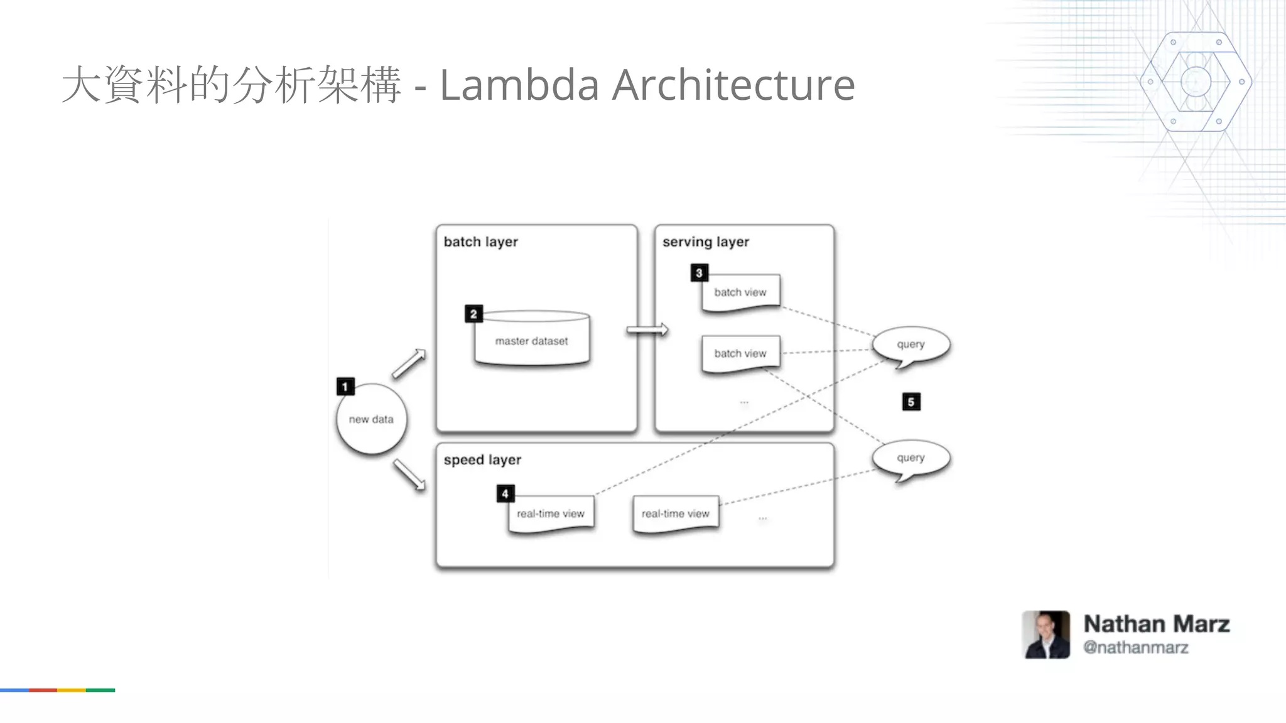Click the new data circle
pos(371,419)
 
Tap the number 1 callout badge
pos(345,387)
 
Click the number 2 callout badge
pos(473,314)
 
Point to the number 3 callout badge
pos(699,273)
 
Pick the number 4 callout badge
pos(505,494)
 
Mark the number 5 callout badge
pos(911,402)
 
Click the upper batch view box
pos(740,292)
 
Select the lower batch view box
pos(740,354)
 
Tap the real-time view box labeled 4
pos(551,514)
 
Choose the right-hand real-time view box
pos(676,514)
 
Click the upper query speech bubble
pos(910,345)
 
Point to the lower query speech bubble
pos(910,458)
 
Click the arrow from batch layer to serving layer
pos(647,330)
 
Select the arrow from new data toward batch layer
pos(409,364)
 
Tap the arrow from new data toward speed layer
pos(409,475)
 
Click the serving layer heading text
pos(706,242)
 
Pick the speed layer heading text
pos(482,460)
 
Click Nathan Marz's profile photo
pos(1046,635)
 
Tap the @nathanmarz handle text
pos(1135,648)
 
